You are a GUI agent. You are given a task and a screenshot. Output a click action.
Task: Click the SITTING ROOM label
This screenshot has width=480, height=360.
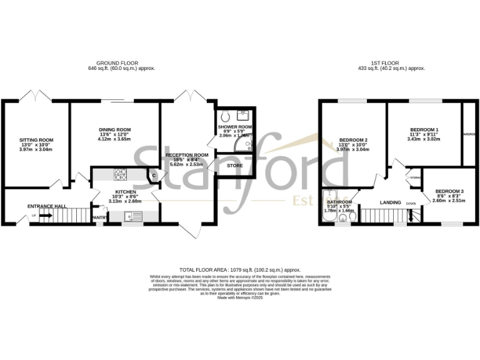(x=36, y=139)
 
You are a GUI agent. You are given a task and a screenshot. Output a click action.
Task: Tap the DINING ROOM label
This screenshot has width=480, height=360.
(x=114, y=129)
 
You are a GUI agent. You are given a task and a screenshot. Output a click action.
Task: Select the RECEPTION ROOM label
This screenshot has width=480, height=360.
(x=187, y=155)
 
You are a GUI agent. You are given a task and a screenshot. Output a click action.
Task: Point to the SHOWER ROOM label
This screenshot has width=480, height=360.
(x=234, y=127)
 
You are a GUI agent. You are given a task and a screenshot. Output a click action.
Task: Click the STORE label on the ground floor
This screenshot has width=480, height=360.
(x=234, y=166)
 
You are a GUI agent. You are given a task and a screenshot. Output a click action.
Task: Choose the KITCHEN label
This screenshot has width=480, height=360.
(x=125, y=192)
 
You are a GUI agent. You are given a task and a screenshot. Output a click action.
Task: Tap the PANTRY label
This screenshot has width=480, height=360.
(x=99, y=217)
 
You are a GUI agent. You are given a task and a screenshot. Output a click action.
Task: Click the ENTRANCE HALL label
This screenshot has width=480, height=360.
(x=46, y=206)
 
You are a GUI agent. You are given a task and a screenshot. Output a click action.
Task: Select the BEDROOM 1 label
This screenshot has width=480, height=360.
(x=423, y=129)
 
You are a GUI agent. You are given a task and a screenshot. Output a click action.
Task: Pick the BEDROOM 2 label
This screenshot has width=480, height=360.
(x=353, y=139)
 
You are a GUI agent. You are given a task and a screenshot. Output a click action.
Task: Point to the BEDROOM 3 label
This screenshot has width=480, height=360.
(x=449, y=191)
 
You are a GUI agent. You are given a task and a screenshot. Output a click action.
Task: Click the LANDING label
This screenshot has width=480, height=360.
(x=391, y=202)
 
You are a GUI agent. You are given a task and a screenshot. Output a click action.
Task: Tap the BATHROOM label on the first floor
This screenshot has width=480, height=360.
(x=340, y=202)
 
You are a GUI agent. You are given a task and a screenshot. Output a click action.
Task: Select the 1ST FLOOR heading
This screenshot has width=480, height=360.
(x=398, y=63)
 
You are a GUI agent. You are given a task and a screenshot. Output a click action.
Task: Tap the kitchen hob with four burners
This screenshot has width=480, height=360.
(x=119, y=173)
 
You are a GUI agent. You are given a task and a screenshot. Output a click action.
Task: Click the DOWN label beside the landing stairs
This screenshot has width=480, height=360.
(x=411, y=204)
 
